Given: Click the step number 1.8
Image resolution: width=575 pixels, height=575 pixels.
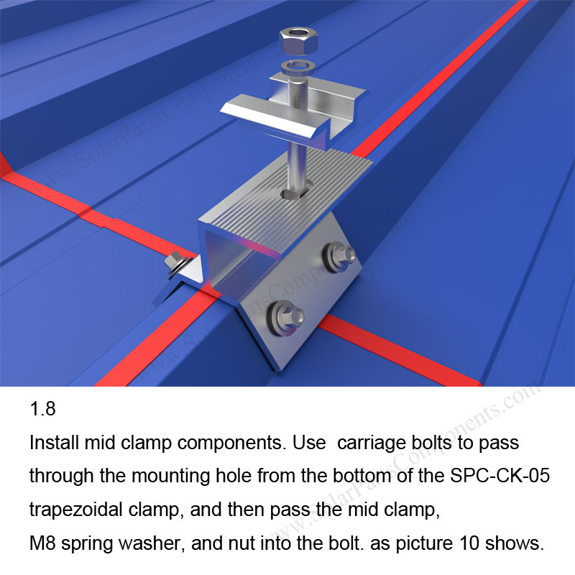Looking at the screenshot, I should [x=42, y=411].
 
